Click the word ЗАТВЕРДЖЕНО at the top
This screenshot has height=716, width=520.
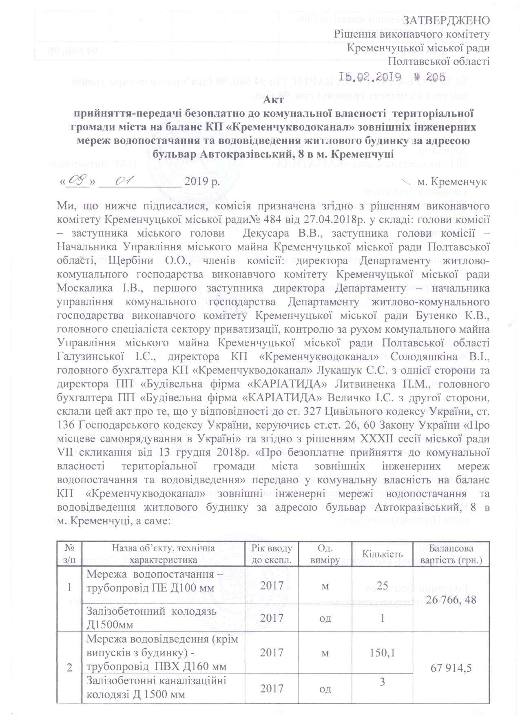pos(445,20)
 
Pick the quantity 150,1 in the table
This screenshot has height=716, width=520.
pos(382,652)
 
